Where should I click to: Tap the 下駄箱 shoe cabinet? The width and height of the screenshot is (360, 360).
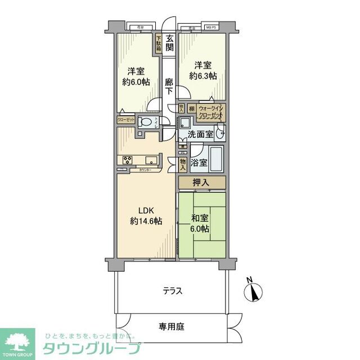click(x=159, y=43)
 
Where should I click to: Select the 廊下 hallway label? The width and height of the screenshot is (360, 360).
click(x=169, y=87)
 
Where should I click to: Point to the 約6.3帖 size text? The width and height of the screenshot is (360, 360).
click(x=202, y=75)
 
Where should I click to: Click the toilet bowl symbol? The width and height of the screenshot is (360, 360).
click(x=145, y=123)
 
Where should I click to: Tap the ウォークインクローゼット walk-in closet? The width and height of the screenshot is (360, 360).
click(x=211, y=112)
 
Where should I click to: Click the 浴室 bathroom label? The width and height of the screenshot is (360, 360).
click(x=199, y=163)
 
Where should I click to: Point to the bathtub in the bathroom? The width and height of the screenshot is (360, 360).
click(x=217, y=160)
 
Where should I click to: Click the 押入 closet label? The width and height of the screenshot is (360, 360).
click(x=202, y=182)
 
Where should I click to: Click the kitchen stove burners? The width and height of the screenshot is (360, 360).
click(x=126, y=160)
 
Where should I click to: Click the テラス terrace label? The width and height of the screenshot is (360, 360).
click(x=172, y=291)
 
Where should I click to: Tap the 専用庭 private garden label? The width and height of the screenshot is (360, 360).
click(x=172, y=326)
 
